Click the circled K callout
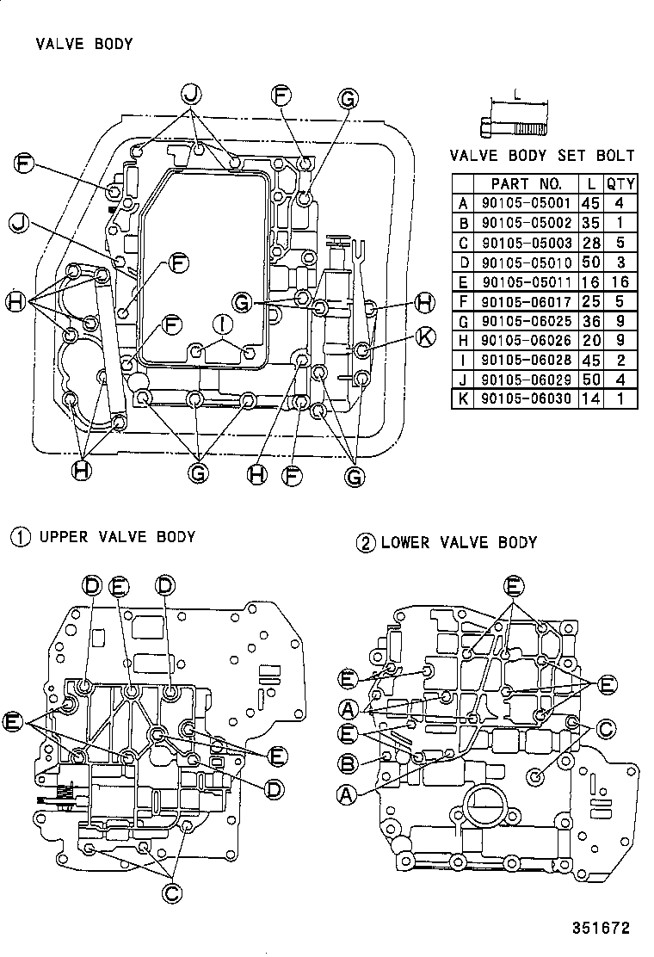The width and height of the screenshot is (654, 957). (x=424, y=336)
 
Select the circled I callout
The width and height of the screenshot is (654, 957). (x=223, y=324)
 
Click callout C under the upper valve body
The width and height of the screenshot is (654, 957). (x=172, y=892)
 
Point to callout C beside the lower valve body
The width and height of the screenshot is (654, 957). (x=605, y=730)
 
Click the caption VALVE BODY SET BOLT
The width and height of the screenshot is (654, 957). (x=542, y=156)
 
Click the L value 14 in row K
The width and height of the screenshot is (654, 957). (x=590, y=398)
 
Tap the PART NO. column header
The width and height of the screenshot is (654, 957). (x=527, y=183)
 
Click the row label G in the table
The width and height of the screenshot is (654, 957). (x=464, y=320)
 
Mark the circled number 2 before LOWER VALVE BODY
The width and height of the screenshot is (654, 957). (x=367, y=543)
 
